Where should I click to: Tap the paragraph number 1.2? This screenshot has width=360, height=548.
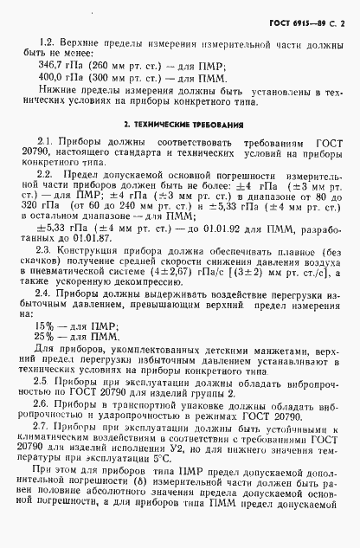click(47, 41)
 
